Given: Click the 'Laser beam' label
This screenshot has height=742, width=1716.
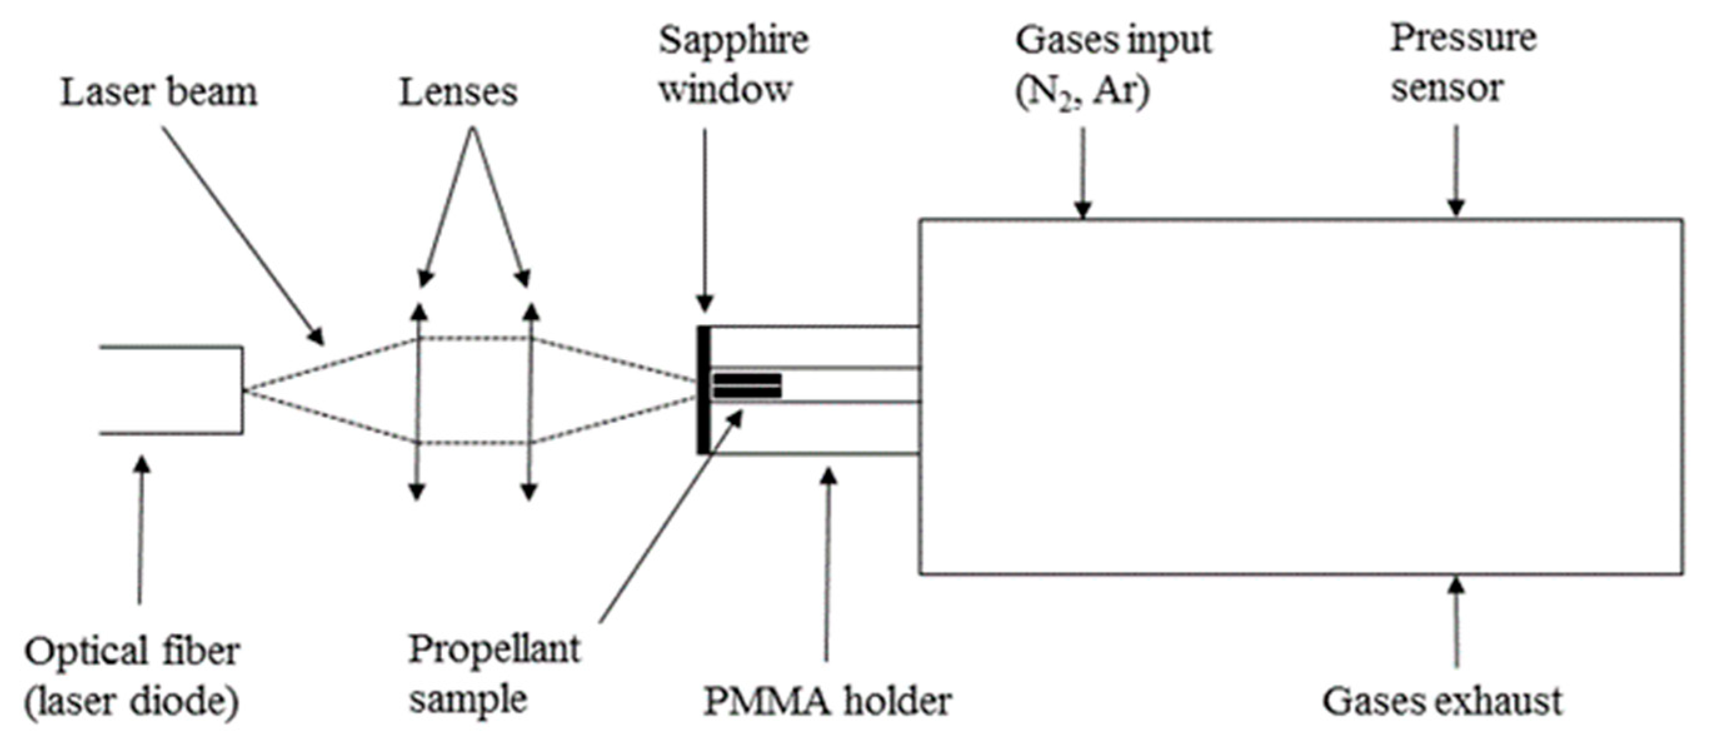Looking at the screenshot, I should click(159, 92).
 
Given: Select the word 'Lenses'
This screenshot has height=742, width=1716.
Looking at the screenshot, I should click(458, 92).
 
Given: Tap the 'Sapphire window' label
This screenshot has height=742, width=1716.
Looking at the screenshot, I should click(733, 64).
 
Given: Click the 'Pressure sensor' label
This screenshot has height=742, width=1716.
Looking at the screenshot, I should click(1462, 63).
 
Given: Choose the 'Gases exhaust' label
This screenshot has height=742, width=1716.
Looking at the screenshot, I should click(1442, 701).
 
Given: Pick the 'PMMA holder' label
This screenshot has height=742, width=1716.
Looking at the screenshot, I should click(827, 701).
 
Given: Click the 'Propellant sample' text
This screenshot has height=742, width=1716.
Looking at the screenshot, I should click(493, 674).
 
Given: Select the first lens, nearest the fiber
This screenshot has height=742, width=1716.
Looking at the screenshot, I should click(417, 400).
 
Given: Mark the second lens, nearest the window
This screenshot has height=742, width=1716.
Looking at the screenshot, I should click(530, 400).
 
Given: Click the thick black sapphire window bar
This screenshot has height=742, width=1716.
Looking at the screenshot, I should click(703, 390).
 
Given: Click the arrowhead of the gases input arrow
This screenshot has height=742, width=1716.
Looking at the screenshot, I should click(1083, 210).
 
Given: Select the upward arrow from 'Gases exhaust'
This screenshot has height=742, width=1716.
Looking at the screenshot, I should click(1456, 620).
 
